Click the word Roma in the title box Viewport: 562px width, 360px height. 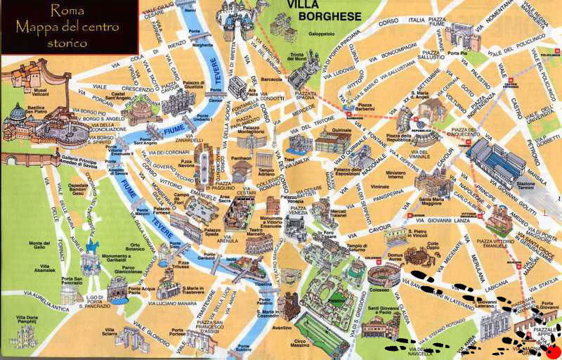(69, 11)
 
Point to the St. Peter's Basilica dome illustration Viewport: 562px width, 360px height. (18, 112)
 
